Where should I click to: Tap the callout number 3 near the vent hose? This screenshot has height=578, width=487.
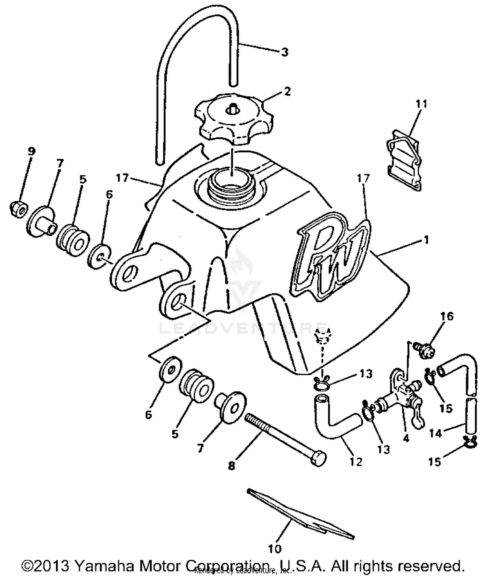point(284,52)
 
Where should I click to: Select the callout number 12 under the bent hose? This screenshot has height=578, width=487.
point(356,461)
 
